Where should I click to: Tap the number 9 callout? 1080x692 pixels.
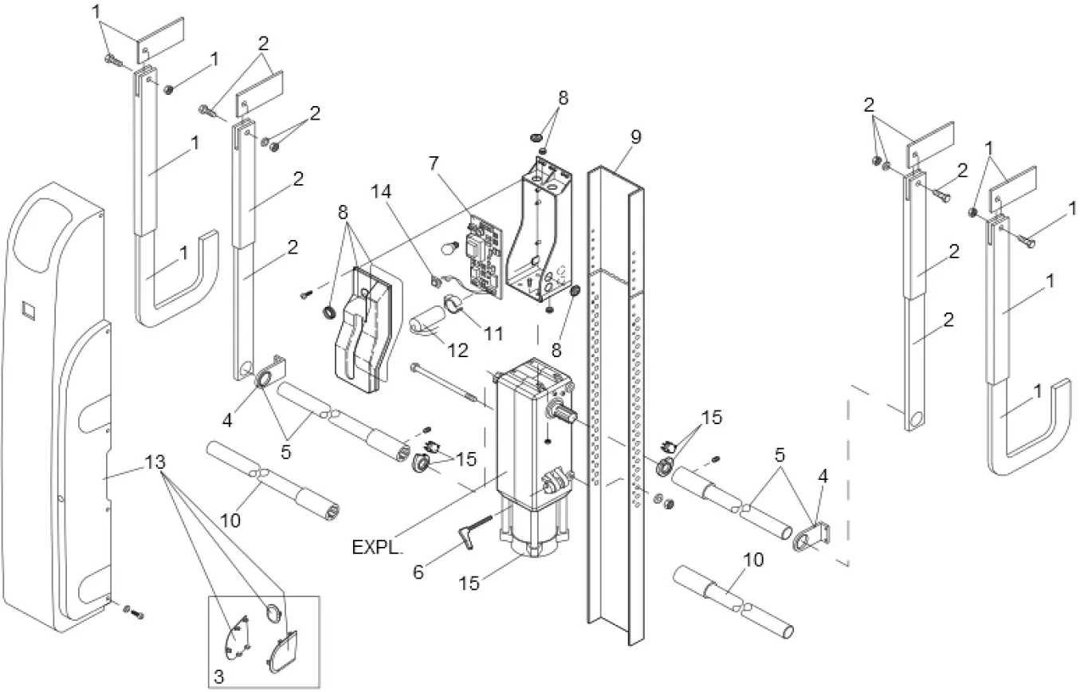click(635, 136)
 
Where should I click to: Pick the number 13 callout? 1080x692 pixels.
click(156, 461)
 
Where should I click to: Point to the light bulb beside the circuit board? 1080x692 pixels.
click(450, 246)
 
